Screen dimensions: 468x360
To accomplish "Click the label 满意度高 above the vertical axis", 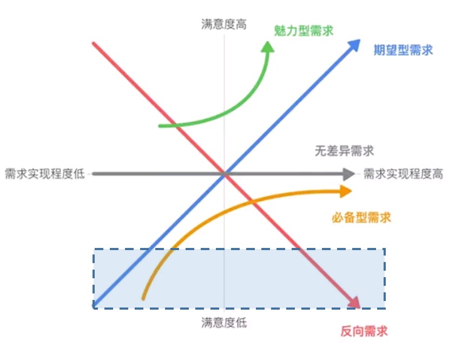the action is pyautogui.click(x=223, y=24).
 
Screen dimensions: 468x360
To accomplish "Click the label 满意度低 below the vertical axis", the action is pyautogui.click(x=223, y=323).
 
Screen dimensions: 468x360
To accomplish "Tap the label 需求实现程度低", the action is pyautogui.click(x=45, y=174).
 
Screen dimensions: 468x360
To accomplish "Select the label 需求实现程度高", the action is pyautogui.click(x=403, y=174).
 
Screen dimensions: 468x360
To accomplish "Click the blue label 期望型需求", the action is pyautogui.click(x=403, y=51).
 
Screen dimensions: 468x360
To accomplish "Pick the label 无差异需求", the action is pyautogui.click(x=344, y=150).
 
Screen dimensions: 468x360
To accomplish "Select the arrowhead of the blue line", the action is pyautogui.click(x=354, y=44).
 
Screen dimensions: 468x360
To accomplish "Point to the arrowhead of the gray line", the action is pyautogui.click(x=348, y=174).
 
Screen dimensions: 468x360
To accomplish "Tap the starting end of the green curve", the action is pyautogui.click(x=160, y=126).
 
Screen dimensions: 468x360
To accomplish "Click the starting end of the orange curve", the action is pyautogui.click(x=143, y=297).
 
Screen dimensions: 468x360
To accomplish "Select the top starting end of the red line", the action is pyautogui.click(x=94, y=43).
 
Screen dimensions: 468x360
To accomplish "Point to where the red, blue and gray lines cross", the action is pyautogui.click(x=224, y=174).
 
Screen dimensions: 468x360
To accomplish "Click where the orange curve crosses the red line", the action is pyautogui.click(x=252, y=202).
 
